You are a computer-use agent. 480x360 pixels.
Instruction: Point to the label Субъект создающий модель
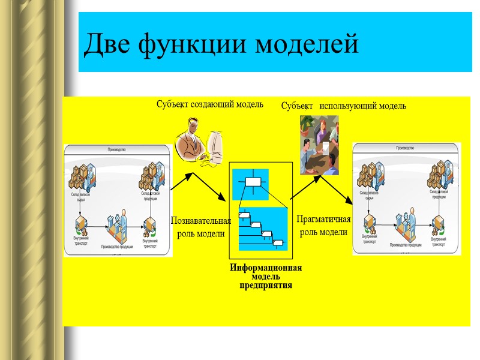pos(209,104)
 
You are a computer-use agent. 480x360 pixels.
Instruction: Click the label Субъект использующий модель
pos(343,106)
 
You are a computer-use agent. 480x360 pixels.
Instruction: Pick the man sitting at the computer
pos(190,144)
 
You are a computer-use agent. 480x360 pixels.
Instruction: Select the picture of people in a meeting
pos(319,145)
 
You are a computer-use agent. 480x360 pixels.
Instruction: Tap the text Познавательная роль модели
pos(201,227)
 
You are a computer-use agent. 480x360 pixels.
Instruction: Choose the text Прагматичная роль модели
pos(323,225)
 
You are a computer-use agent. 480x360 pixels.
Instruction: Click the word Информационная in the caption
pos(266,268)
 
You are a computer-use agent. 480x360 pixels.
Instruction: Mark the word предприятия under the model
pos(266,286)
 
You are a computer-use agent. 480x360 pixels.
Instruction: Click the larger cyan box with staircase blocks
pos(263,229)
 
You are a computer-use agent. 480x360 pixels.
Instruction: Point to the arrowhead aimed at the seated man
pos(191,176)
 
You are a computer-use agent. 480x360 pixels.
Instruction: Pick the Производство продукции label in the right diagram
pos(406,245)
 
